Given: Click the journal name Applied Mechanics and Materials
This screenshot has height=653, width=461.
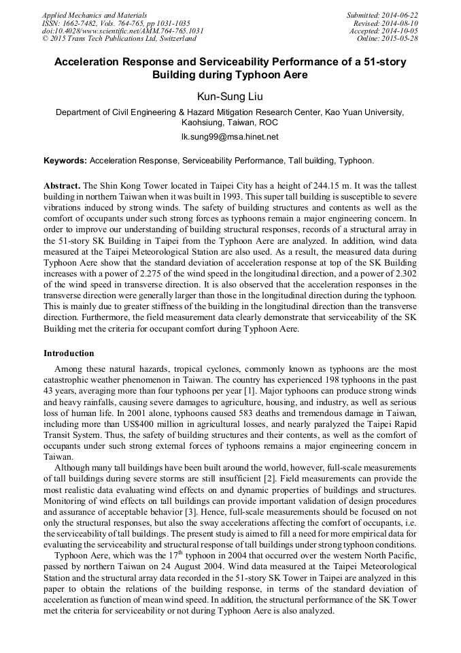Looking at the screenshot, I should pyautogui.click(x=86, y=14).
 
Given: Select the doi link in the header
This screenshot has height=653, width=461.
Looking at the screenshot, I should pyautogui.click(x=122, y=31).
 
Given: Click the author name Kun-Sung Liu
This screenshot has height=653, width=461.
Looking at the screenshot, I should pyautogui.click(x=230, y=97).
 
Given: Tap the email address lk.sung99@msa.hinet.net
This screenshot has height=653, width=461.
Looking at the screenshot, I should pyautogui.click(x=230, y=137).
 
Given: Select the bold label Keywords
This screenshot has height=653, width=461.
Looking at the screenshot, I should pyautogui.click(x=65, y=161).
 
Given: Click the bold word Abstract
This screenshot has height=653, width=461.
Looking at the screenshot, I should pyautogui.click(x=62, y=186).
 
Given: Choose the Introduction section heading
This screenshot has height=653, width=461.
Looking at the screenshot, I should pyautogui.click(x=69, y=353).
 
